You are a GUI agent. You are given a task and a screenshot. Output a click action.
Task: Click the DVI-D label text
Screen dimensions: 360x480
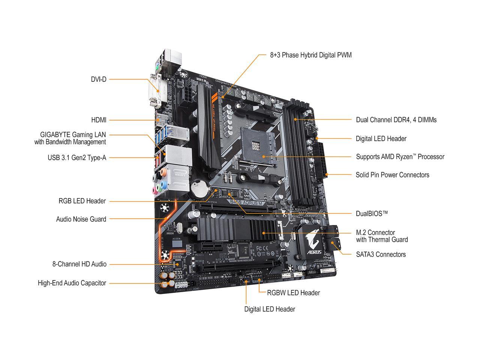pos(99,79)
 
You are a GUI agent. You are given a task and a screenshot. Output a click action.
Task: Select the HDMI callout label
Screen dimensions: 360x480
pos(99,120)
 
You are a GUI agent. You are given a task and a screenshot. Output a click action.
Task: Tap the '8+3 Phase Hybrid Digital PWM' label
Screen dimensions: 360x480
pos(311,55)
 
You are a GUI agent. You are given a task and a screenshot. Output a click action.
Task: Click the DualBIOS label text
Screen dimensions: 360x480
pos(372,213)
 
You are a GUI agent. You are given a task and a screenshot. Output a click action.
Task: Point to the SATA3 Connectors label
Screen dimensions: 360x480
pos(381,254)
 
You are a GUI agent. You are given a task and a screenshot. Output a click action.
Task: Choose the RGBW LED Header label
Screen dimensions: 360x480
pos(293,292)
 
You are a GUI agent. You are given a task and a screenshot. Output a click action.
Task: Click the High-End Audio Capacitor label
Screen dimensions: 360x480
pos(72,283)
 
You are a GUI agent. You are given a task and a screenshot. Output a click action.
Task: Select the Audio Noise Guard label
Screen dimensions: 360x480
pos(81,219)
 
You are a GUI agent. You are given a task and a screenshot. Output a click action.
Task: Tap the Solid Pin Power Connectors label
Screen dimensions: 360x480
pos(392,175)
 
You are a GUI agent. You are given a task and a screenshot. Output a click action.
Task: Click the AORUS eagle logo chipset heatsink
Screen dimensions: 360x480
pos(312,243)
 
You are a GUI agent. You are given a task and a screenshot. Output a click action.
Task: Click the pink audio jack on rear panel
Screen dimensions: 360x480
pos(154,190)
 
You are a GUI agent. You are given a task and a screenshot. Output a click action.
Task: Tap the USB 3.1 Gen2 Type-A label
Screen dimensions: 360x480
pos(77,158)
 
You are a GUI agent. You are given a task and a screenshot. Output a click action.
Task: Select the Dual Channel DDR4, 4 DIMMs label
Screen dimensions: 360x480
pos(396,120)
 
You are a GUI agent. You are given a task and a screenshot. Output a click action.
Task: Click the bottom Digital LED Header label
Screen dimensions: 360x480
pos(270,309)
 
